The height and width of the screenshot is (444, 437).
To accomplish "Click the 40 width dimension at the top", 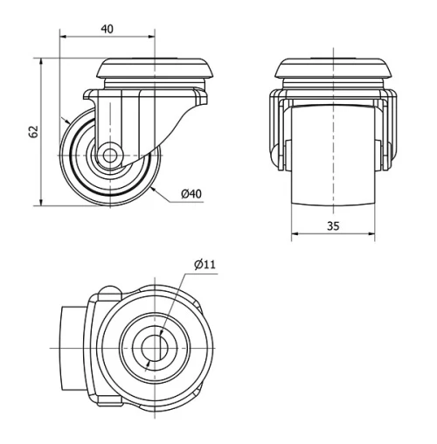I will coord(107,28).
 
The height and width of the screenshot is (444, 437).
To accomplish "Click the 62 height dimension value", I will coord(33,132).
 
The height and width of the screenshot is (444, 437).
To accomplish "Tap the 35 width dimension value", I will coord(333,225).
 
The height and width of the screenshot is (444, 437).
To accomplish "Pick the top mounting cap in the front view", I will coord(333,69).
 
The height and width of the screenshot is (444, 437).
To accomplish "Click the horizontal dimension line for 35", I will coord(333,234).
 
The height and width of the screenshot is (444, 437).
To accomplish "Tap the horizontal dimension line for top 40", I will coord(107,38).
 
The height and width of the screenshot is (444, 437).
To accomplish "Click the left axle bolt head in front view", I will coord(280,157).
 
